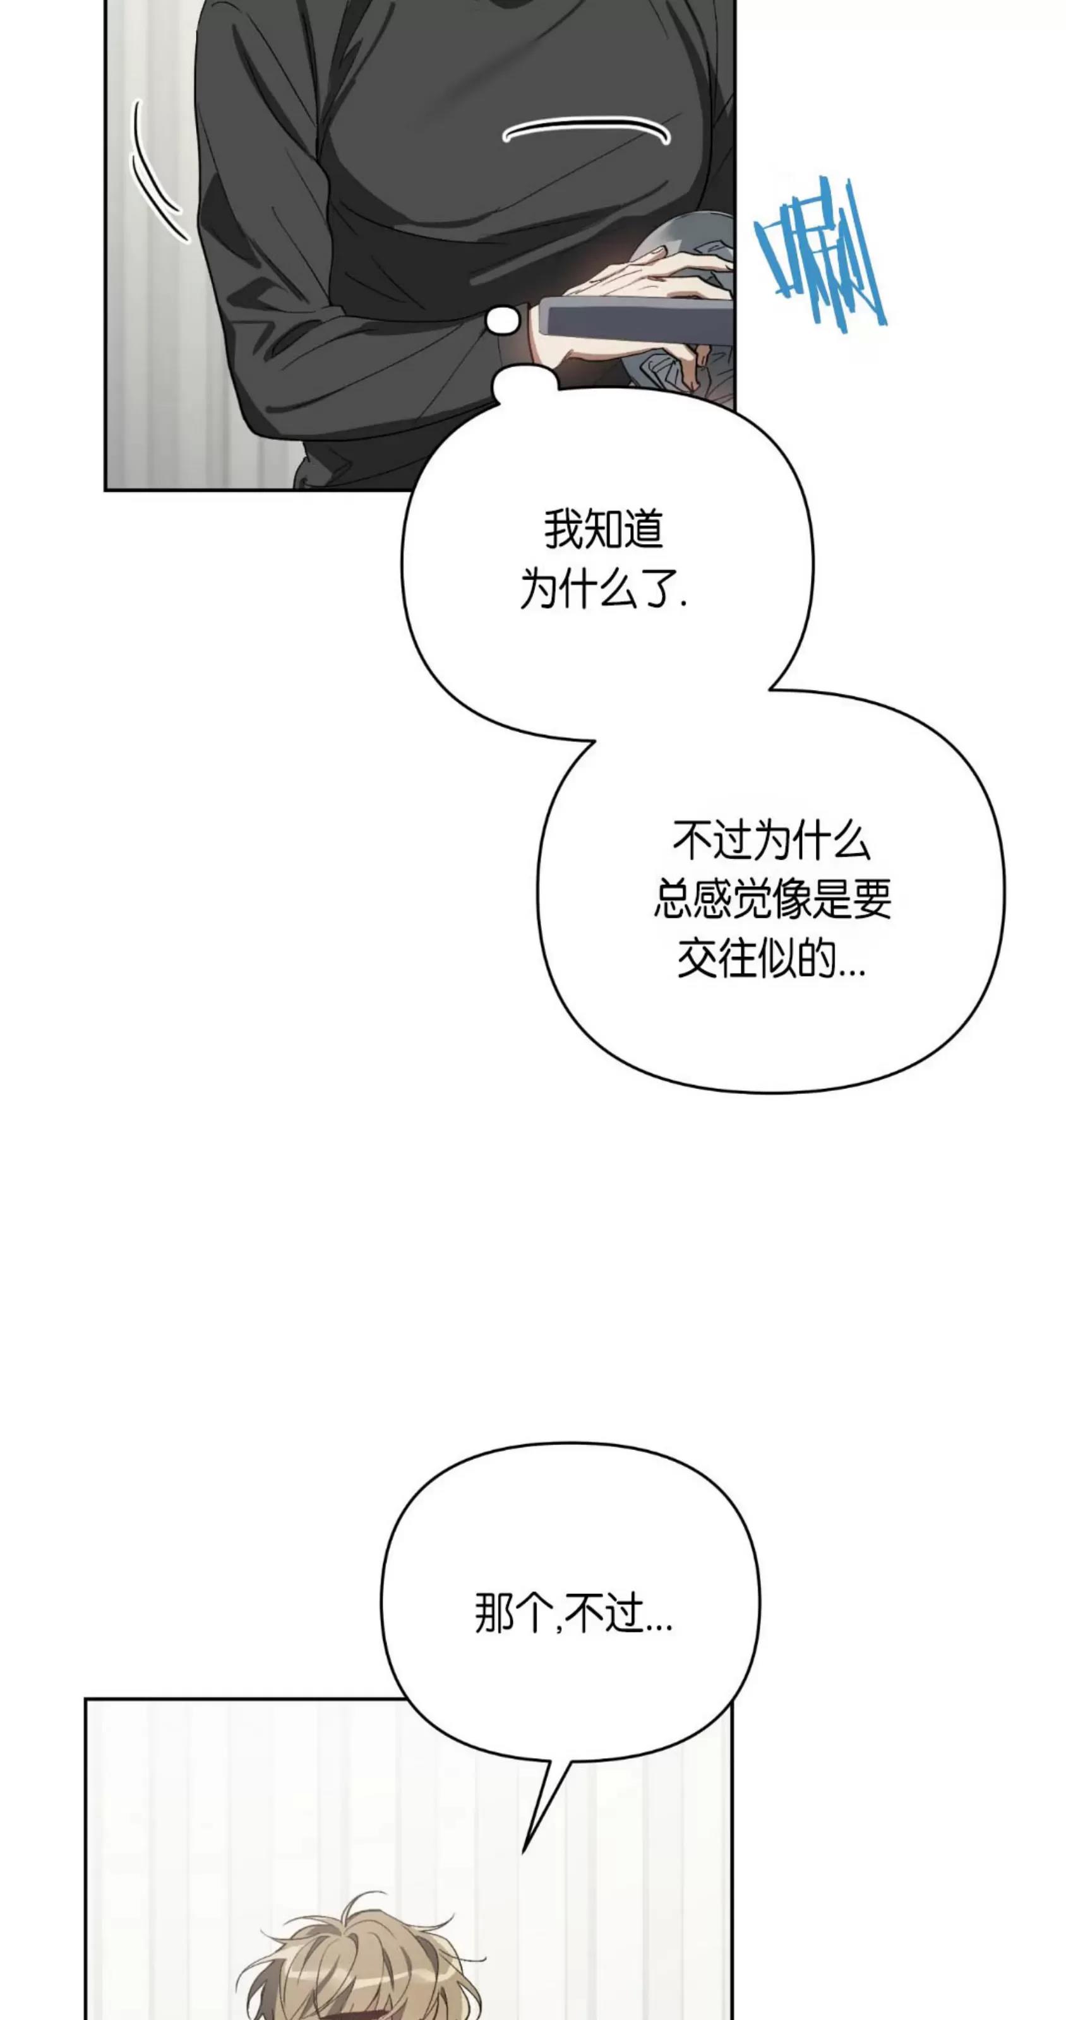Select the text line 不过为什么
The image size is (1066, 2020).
pos(771,841)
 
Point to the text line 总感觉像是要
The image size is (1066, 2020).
pos(772,899)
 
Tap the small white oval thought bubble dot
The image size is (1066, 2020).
pos(503,320)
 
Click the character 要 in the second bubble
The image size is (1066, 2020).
pos(872,899)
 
